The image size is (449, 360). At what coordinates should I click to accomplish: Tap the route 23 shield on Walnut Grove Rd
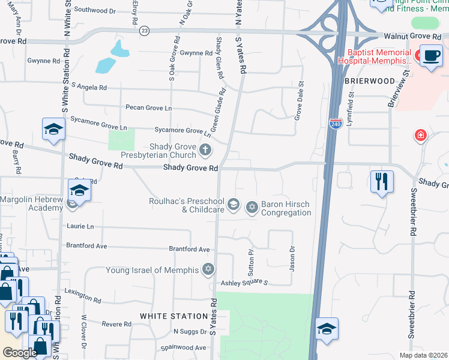[x=144, y=31]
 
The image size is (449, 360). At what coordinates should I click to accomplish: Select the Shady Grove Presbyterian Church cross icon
[x=205, y=150]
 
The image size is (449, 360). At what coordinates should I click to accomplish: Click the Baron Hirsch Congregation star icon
[x=252, y=207]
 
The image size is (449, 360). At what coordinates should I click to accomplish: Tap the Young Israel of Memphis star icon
[x=208, y=268]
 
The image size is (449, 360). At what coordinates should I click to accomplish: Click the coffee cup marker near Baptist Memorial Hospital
[x=431, y=56]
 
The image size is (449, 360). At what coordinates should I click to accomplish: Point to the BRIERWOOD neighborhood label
[x=369, y=80]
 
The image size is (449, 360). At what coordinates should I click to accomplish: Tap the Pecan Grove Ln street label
[x=148, y=108]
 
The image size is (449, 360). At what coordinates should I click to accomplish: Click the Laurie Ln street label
[x=82, y=226]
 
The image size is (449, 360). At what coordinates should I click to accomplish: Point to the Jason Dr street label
[x=292, y=259]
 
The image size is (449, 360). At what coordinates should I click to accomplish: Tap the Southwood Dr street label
[x=95, y=11]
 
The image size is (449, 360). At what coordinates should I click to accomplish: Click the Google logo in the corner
[x=20, y=353]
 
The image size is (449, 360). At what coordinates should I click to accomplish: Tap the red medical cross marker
[x=421, y=136]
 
